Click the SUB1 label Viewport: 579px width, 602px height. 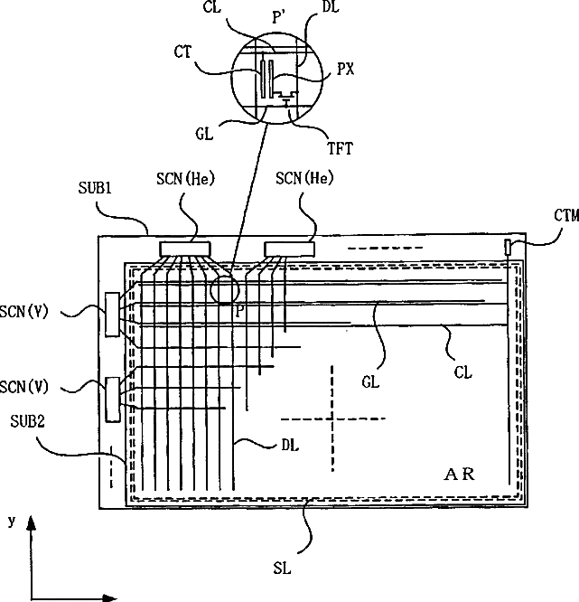click(95, 188)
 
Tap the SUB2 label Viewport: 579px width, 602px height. click(27, 421)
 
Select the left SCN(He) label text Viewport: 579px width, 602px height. click(185, 179)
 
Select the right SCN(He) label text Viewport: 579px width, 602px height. click(304, 178)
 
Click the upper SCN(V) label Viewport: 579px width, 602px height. click(24, 312)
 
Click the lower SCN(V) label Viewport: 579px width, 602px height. click(24, 387)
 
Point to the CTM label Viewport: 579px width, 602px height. click(566, 215)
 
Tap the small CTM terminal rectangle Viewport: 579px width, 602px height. click(508, 247)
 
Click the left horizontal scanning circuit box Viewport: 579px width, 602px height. click(185, 249)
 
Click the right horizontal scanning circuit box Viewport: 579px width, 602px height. click(290, 249)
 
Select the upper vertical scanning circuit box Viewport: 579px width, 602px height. click(112, 315)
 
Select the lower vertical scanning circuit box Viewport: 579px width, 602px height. click(112, 400)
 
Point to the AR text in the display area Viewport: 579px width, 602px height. click(459, 475)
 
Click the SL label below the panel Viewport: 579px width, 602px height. click(282, 569)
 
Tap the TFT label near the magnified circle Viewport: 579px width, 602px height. click(340, 148)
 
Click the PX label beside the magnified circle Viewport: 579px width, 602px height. click(345, 70)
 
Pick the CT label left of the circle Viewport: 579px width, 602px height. click(182, 52)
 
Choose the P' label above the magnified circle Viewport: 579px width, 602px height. click(278, 17)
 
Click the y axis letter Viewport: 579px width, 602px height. click(12, 522)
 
